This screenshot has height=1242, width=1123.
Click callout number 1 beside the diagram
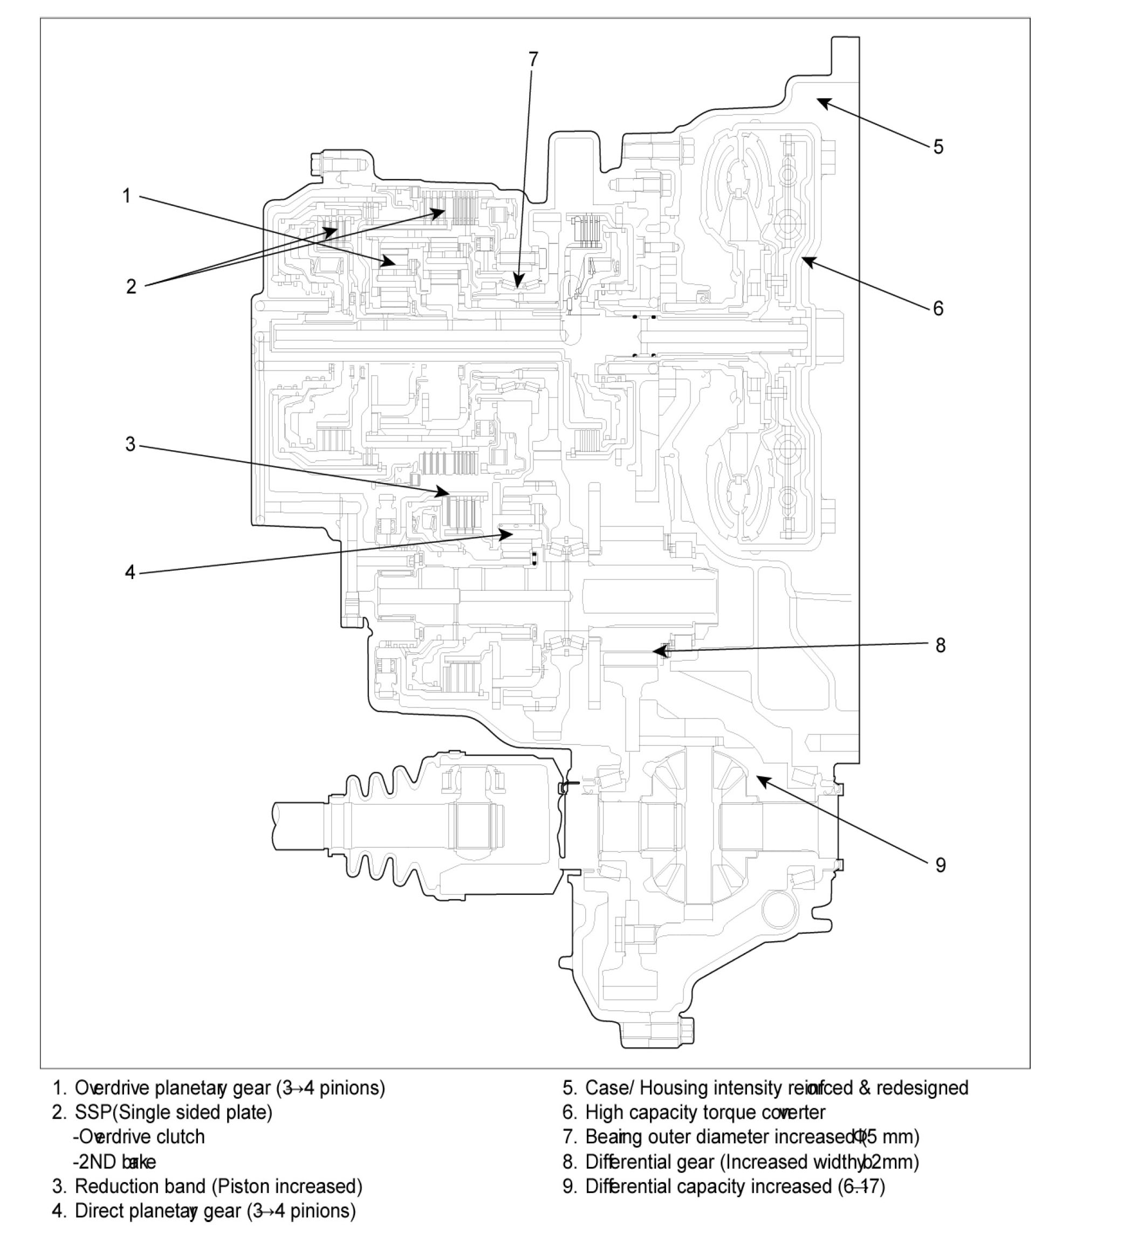[x=126, y=196]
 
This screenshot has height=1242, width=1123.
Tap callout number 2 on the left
[x=131, y=286]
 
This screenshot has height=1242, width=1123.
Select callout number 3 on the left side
[x=130, y=444]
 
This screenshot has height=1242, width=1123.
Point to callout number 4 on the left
[x=130, y=572]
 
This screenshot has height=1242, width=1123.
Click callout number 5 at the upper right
[x=937, y=147]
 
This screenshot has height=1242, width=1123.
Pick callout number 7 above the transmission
[x=533, y=59]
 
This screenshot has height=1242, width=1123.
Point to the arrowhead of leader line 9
[x=760, y=779]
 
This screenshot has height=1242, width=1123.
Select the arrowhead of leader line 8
[x=657, y=650]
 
